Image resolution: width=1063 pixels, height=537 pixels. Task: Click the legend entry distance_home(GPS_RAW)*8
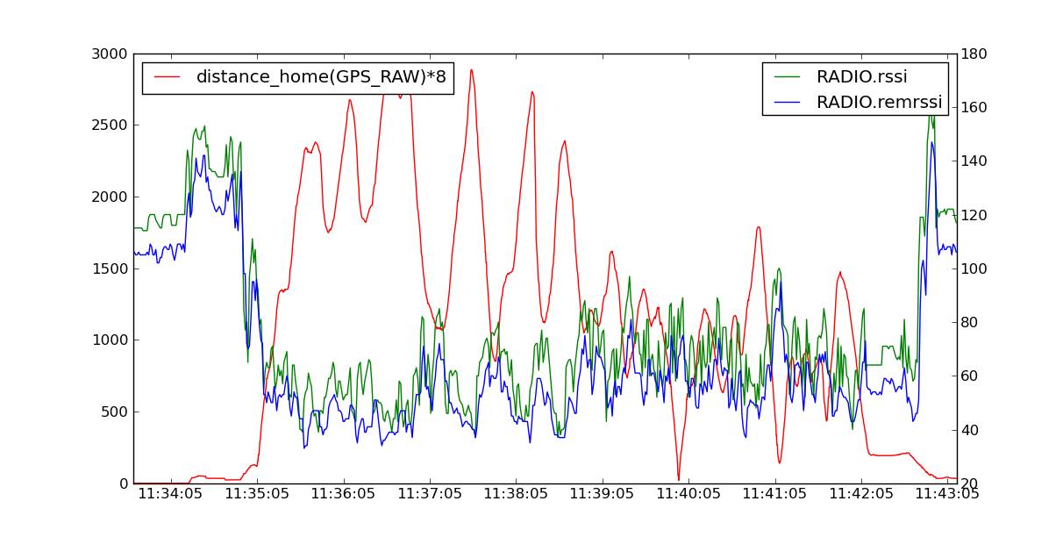point(321,77)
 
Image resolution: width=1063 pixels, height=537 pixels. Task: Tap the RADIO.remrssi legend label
point(879,103)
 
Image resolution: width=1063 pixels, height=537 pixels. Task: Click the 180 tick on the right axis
point(974,54)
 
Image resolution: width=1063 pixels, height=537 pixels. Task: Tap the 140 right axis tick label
point(974,161)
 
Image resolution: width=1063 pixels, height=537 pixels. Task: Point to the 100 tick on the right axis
point(974,268)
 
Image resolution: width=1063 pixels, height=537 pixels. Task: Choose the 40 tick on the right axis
point(970,430)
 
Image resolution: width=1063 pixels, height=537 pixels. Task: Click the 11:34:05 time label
point(170,494)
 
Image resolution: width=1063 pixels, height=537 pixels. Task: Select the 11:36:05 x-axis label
point(343,494)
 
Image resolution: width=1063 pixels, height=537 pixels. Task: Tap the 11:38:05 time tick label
point(516,494)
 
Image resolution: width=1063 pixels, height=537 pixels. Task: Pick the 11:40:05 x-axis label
point(688,494)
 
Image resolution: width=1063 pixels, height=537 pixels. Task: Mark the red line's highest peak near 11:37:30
point(471,70)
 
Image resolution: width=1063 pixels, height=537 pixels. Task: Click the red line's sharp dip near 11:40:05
point(678,479)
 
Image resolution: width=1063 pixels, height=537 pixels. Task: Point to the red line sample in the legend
point(167,77)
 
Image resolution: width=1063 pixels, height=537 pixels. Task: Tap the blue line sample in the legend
point(788,103)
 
